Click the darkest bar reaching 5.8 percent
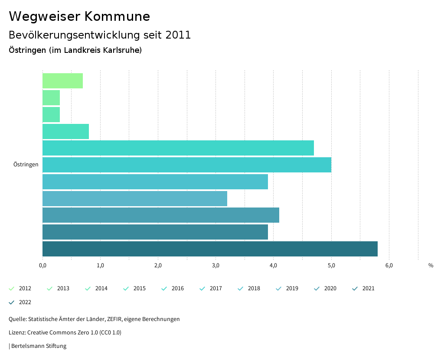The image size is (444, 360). [x=210, y=249]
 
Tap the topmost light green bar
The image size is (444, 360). [x=62, y=81]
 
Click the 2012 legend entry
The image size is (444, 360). [x=20, y=289]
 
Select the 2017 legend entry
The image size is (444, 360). [x=211, y=289]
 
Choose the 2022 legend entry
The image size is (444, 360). [x=20, y=302]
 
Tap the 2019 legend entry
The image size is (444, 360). [x=287, y=289]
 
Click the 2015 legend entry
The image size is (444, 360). [x=134, y=289]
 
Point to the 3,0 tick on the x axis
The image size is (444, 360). [x=215, y=266]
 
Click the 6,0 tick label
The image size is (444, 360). [x=389, y=266]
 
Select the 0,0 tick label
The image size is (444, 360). [x=42, y=266]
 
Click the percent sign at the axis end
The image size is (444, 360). [x=431, y=266]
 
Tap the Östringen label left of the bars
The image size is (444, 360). [x=26, y=165]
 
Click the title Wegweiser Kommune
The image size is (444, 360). [x=79, y=16]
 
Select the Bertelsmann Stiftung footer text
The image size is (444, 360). [x=39, y=346]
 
